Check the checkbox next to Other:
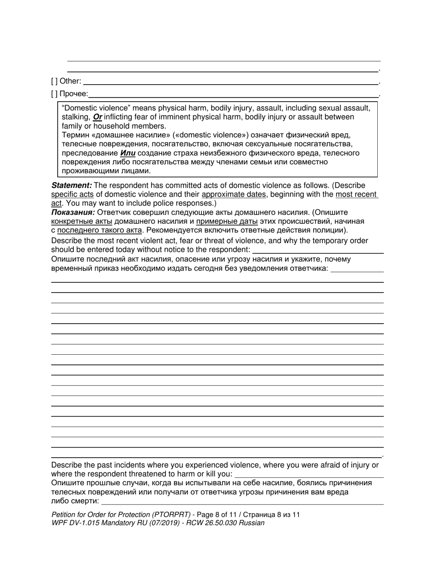(54, 81)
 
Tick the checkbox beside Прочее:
(54, 94)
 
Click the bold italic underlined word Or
(97, 117)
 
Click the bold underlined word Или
(128, 153)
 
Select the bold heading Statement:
(71, 185)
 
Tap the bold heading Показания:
(73, 212)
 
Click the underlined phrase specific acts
(72, 194)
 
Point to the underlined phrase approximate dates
(234, 194)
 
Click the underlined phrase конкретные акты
(82, 221)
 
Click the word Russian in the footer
(252, 523)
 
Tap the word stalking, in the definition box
(76, 117)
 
